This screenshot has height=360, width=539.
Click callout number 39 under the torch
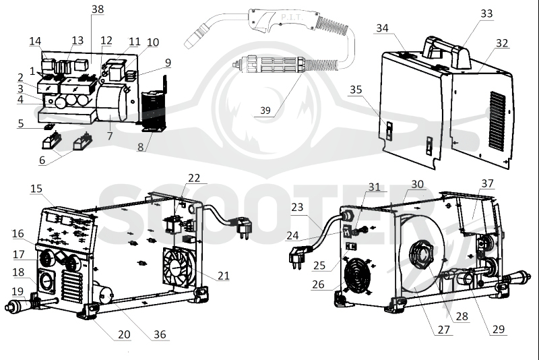pos(265,111)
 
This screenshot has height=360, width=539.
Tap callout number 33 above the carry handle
pos(486,13)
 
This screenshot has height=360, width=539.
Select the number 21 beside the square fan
pos(224,276)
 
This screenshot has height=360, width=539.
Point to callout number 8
pos(140,147)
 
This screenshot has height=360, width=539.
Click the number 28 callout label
pos(462,316)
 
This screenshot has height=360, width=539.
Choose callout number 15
pos(36,188)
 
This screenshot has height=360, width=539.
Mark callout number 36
pos(160,334)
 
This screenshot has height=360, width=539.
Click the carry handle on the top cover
pos(446,52)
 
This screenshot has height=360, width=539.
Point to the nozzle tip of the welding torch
pos(191,43)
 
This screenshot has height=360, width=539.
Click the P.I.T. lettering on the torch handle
pos(292,18)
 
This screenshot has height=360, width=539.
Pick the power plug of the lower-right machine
pos(297,258)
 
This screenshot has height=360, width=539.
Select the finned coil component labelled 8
pos(154,111)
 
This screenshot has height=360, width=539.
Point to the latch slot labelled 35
pos(389,131)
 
